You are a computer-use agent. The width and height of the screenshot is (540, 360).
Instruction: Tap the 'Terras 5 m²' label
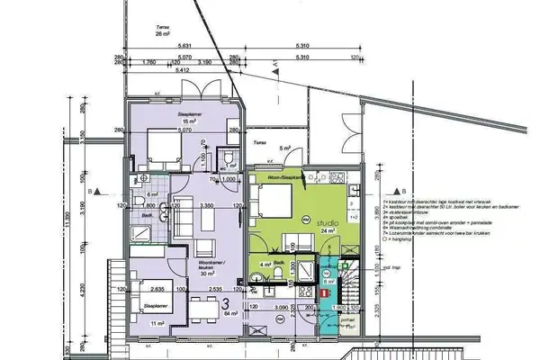pos(263,145)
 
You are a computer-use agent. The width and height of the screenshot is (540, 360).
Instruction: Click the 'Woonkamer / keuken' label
pos(211,267)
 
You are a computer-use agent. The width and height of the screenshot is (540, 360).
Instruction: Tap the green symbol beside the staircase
pos(336,265)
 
